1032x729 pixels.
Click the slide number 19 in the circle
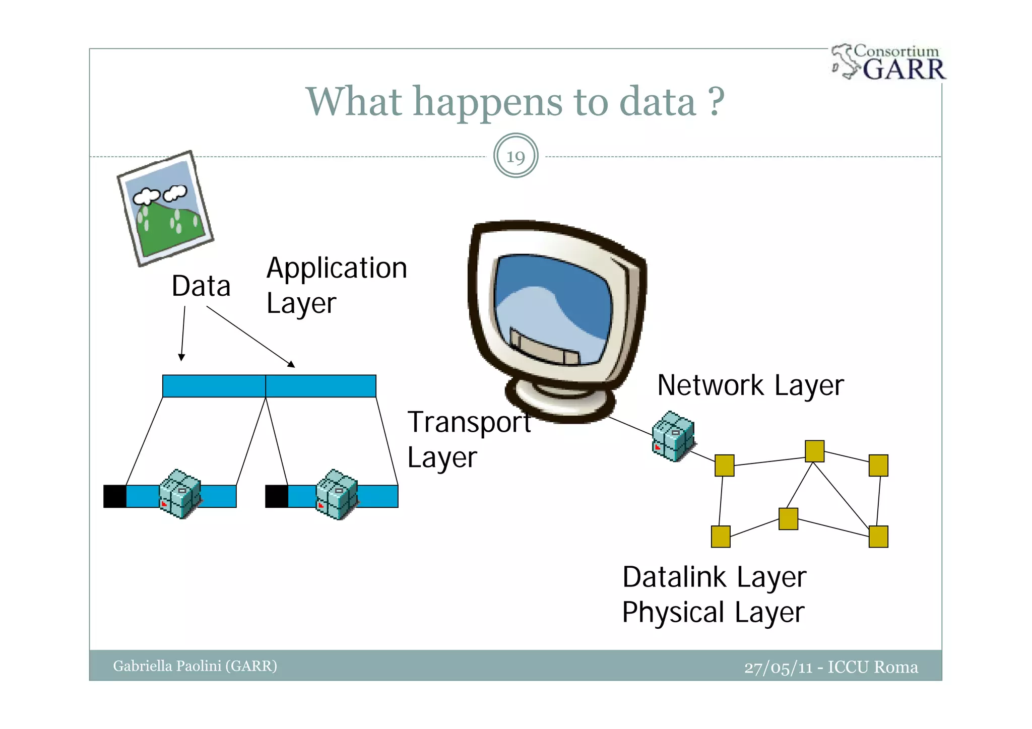[x=515, y=156]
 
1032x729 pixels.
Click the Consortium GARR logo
[x=889, y=62]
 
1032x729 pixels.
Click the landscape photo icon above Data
[x=166, y=209]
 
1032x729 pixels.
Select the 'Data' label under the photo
[x=201, y=286]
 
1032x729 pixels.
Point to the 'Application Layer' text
[x=336, y=285]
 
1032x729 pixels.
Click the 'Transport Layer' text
[x=469, y=439]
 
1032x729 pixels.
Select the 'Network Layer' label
[x=750, y=385]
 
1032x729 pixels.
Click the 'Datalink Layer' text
[x=714, y=577]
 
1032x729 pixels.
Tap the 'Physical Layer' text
[x=713, y=612]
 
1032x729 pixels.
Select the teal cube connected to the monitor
[x=673, y=436]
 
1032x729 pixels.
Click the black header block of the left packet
[x=115, y=496]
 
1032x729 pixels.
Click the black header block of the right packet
[x=277, y=496]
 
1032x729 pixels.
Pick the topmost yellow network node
[x=814, y=451]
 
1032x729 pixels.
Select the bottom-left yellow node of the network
[x=721, y=537]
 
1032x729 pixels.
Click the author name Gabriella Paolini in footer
[x=195, y=666]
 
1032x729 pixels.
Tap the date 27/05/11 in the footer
[x=778, y=668]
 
